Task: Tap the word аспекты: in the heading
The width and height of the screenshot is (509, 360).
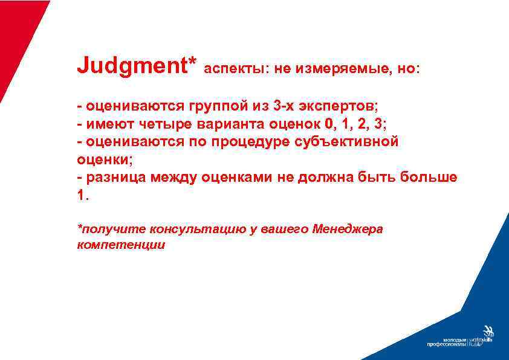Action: click(x=237, y=69)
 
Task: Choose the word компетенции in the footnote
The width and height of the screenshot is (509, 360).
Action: click(x=121, y=245)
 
